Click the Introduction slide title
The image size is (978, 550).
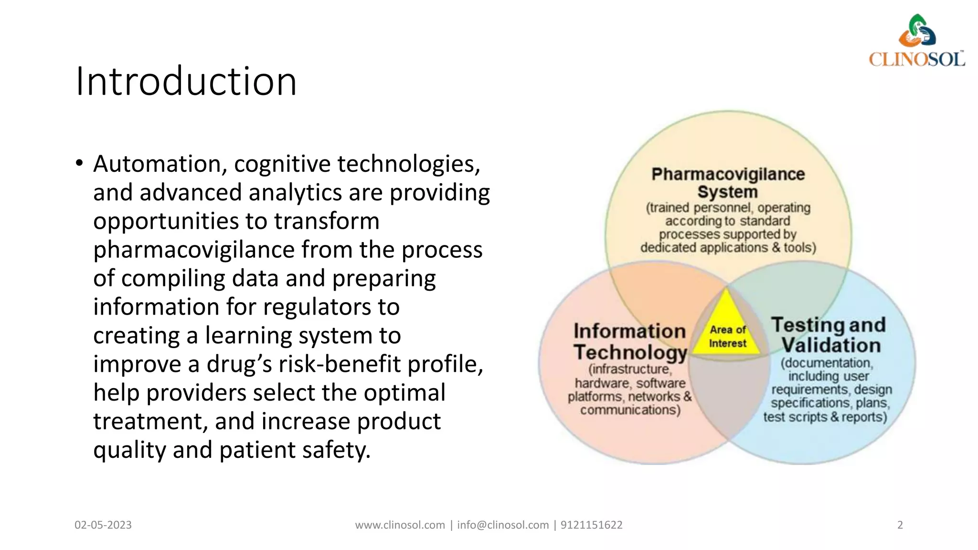coord(186,82)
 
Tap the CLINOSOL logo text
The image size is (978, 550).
coord(916,60)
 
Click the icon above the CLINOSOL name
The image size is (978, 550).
coord(917,31)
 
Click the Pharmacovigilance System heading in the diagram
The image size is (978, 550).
coord(728,183)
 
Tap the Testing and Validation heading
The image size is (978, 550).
coord(829,335)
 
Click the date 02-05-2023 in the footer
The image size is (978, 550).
coord(103,525)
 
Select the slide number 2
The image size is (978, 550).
coord(900,525)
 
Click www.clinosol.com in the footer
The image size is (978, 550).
coord(400,525)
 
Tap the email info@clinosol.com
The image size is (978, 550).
coord(503,525)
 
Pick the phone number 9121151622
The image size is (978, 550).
coord(592,525)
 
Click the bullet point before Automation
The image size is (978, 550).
coord(79,164)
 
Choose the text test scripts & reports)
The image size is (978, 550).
coord(825,417)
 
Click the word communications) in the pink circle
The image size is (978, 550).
coord(630,410)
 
